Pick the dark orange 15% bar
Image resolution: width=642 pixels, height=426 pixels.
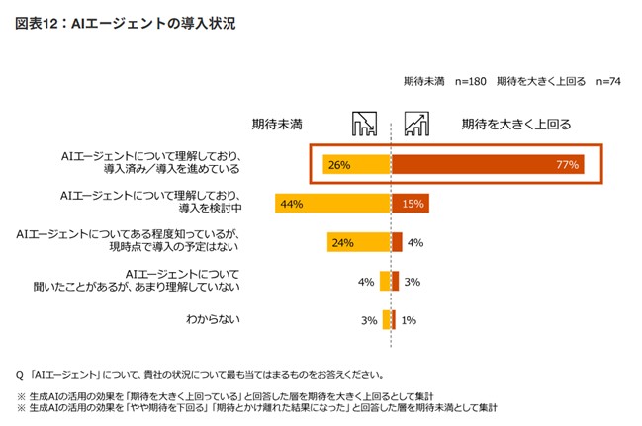click(x=411, y=204)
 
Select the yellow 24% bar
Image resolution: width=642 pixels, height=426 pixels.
click(x=359, y=242)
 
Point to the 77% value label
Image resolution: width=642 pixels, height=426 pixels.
click(x=566, y=165)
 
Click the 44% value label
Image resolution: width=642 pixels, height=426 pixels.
click(x=291, y=205)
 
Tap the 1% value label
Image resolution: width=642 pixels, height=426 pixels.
click(x=409, y=319)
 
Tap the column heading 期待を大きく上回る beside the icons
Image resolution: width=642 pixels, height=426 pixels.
click(x=517, y=125)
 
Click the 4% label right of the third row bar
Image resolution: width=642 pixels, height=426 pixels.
click(x=415, y=242)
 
